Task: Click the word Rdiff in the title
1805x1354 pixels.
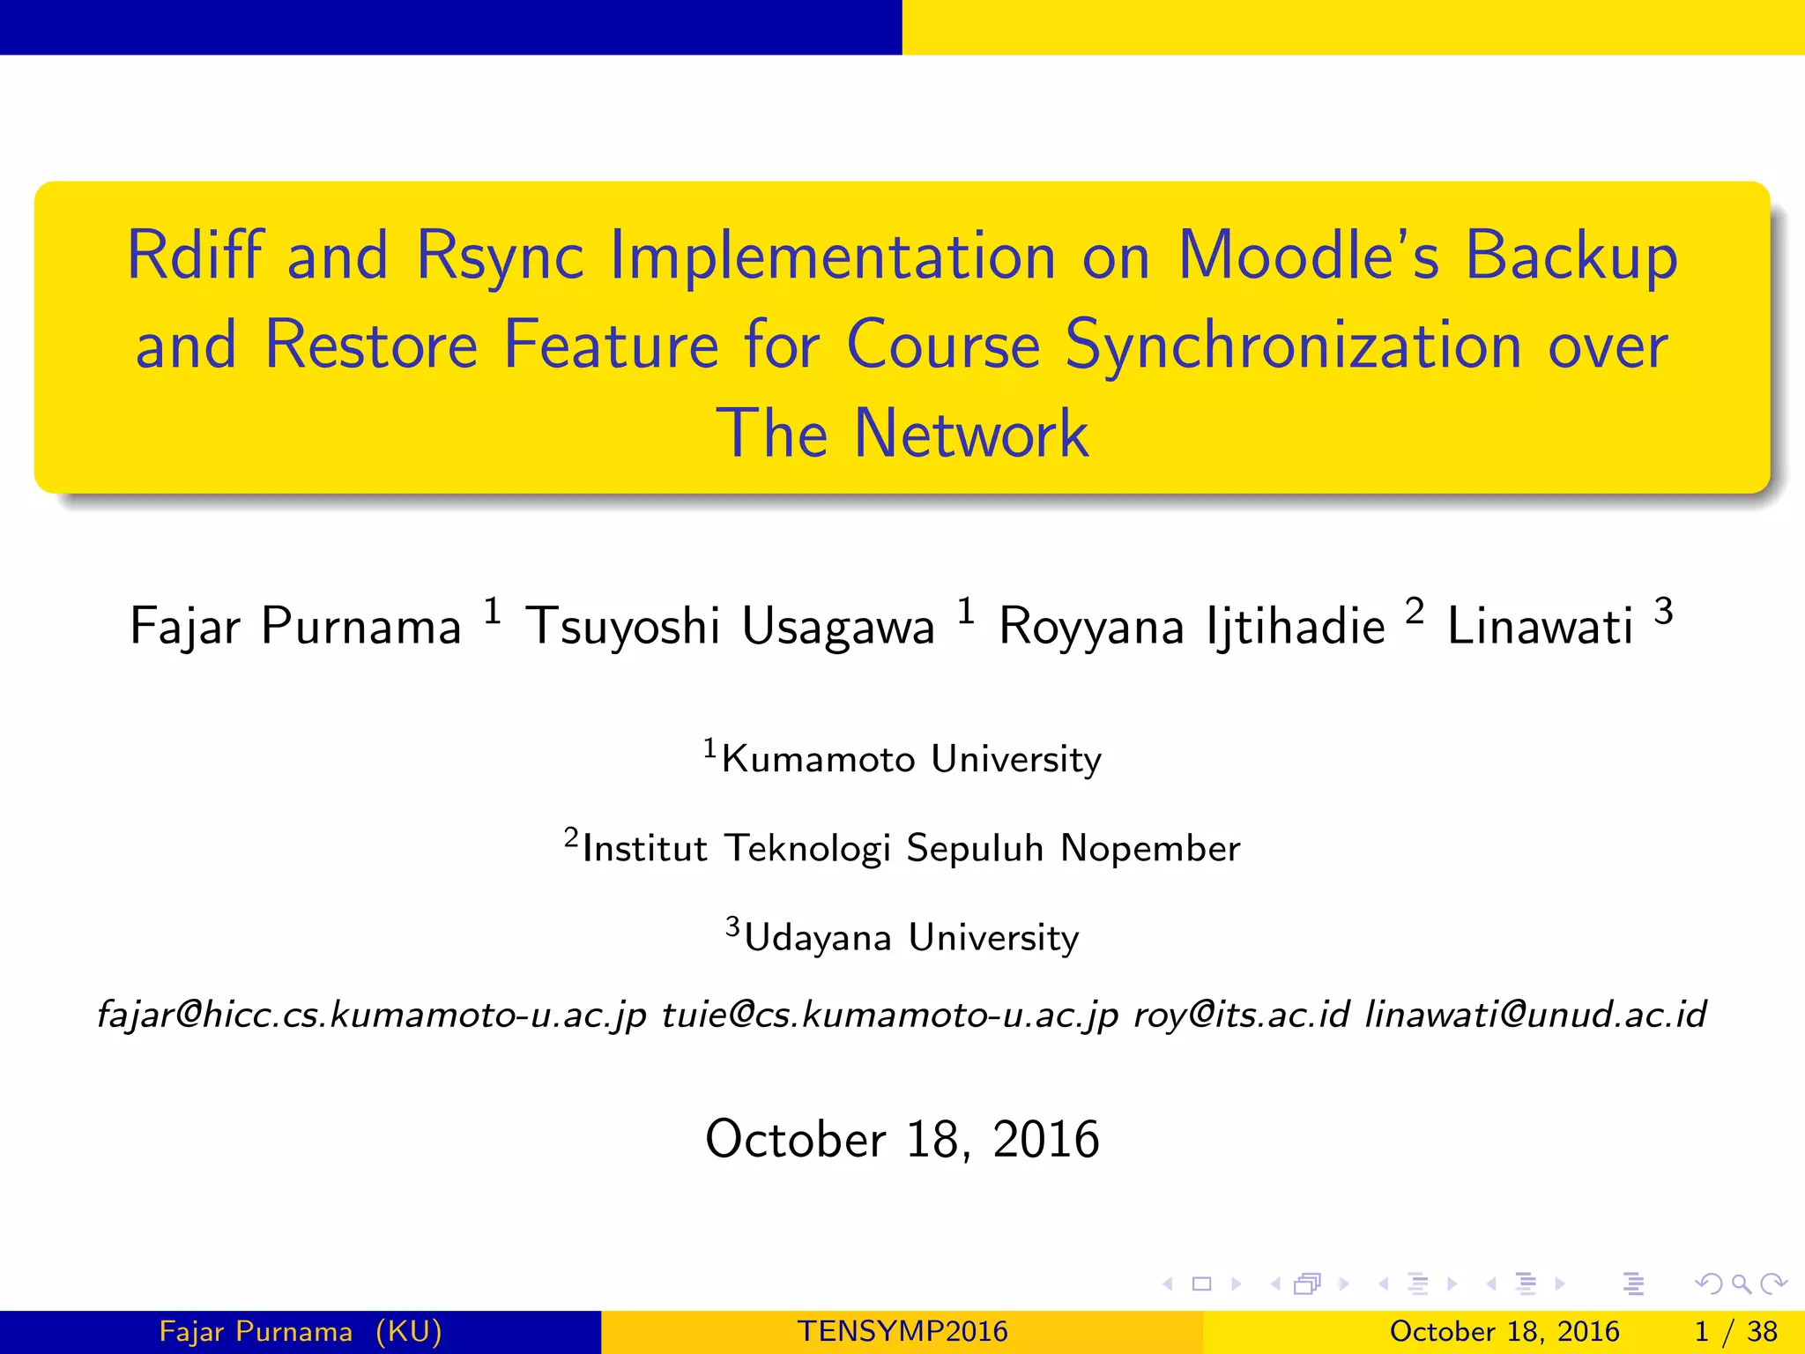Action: tap(195, 257)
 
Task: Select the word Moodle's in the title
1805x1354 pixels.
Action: tap(1308, 257)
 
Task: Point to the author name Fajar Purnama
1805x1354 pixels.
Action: tap(295, 627)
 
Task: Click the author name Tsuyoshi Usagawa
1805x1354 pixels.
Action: tap(730, 627)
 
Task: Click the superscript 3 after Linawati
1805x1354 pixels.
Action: tap(1663, 611)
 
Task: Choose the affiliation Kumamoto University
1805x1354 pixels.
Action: tap(911, 759)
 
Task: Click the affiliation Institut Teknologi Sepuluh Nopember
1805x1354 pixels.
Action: tap(911, 848)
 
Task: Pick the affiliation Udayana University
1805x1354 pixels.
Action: tap(911, 937)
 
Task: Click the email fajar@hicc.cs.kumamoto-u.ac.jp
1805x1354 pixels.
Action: tap(372, 1015)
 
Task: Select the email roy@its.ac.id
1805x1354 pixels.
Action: tap(1241, 1015)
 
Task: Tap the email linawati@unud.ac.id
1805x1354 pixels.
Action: tap(1535, 1015)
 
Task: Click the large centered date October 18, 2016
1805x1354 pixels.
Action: tap(902, 1139)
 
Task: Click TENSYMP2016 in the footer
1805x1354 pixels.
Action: tap(902, 1331)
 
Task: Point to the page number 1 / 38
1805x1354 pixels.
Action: tap(1735, 1331)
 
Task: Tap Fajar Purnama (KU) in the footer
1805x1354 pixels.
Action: tap(301, 1331)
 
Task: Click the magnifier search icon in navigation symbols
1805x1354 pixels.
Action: tap(1741, 1284)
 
